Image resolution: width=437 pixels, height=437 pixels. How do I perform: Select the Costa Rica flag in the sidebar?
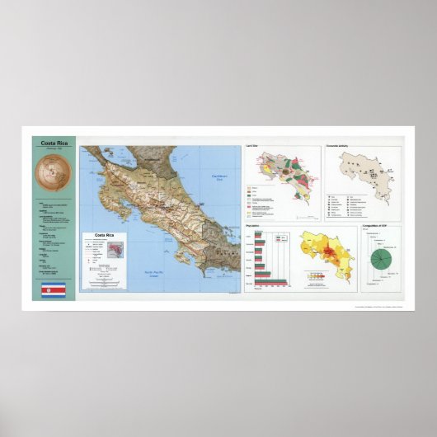pos(53,291)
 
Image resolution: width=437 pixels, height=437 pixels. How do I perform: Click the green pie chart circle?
pos(381,259)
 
